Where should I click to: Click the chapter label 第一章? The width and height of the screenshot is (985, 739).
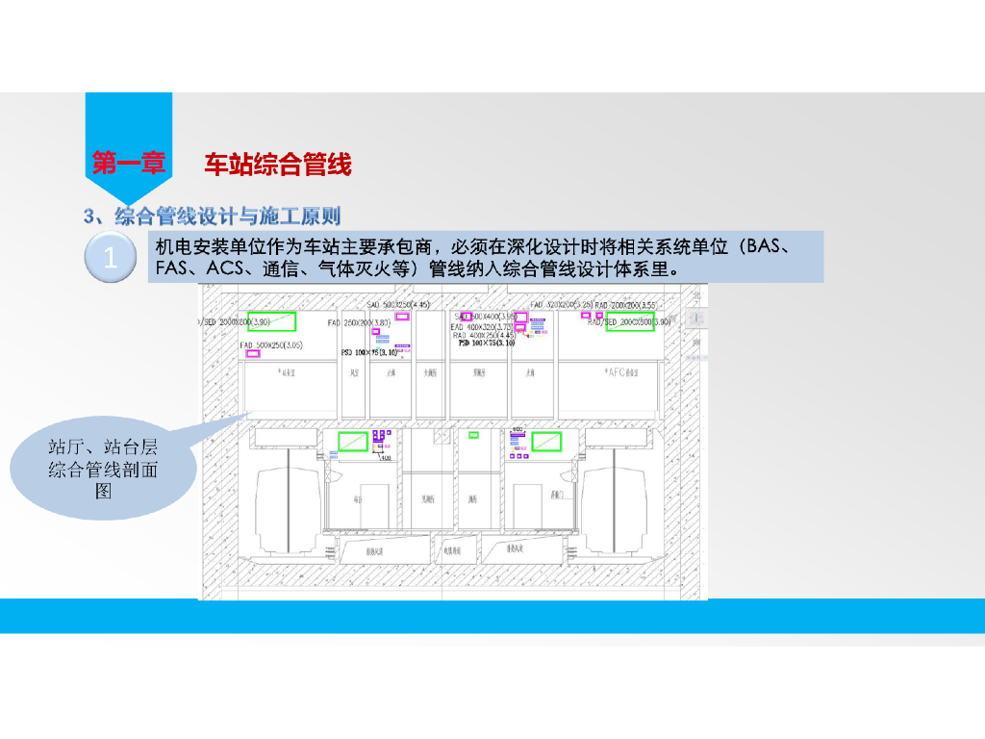[x=128, y=164]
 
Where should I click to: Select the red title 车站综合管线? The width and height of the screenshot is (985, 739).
[x=277, y=165]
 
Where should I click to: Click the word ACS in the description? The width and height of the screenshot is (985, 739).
[x=227, y=268]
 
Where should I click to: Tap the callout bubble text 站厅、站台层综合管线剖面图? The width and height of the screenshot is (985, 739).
[x=104, y=469]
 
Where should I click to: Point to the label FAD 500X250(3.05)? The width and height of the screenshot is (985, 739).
[x=271, y=344]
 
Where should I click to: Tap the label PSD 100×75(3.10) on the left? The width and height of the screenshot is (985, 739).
[x=369, y=353]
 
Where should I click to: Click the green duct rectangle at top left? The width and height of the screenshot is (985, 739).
[x=272, y=321]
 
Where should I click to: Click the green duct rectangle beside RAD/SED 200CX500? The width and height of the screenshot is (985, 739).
[x=636, y=321]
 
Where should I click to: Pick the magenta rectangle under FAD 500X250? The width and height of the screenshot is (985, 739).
[x=253, y=354]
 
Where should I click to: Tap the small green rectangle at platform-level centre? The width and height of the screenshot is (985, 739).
[x=473, y=435]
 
